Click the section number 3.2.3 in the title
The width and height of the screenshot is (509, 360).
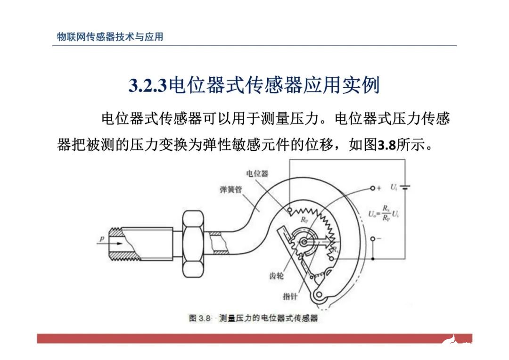(148, 86)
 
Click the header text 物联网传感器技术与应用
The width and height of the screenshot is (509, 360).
(110, 37)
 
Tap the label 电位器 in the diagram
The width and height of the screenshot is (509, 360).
(257, 173)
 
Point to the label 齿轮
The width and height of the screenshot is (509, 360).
(276, 276)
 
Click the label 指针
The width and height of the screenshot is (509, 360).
(289, 296)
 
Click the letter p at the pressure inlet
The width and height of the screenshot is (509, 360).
(101, 239)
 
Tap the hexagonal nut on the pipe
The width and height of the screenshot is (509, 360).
(192, 243)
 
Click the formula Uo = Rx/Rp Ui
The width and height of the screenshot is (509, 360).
(384, 213)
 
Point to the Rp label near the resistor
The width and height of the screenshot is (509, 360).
(304, 219)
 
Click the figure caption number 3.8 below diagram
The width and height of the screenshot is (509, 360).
(204, 318)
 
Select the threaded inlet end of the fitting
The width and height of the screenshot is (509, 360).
(125, 243)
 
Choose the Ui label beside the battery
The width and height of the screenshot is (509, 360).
(394, 188)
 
